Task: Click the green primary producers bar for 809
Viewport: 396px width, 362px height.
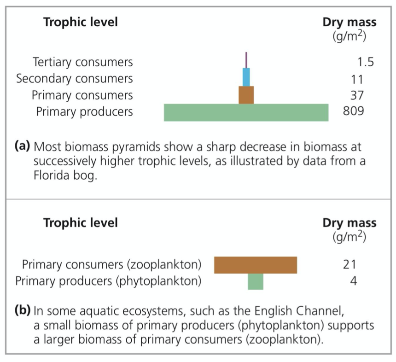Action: [x=246, y=112]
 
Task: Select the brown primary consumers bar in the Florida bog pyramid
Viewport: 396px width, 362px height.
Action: [x=246, y=95]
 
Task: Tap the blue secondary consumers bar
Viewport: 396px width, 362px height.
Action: [x=246, y=77]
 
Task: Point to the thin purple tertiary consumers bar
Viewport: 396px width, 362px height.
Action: [x=246, y=60]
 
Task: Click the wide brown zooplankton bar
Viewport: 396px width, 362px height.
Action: [x=256, y=265]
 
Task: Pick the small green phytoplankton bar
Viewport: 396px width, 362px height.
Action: [x=256, y=281]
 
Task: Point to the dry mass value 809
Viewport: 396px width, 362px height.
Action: [x=353, y=112]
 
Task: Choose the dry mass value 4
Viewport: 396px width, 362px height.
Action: [x=353, y=281]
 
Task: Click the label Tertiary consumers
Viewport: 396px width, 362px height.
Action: [x=83, y=62]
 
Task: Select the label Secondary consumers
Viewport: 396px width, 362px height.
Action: [x=75, y=79]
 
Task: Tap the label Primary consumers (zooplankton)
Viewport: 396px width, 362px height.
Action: [x=112, y=265]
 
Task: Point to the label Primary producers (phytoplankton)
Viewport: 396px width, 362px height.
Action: [x=108, y=281]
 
